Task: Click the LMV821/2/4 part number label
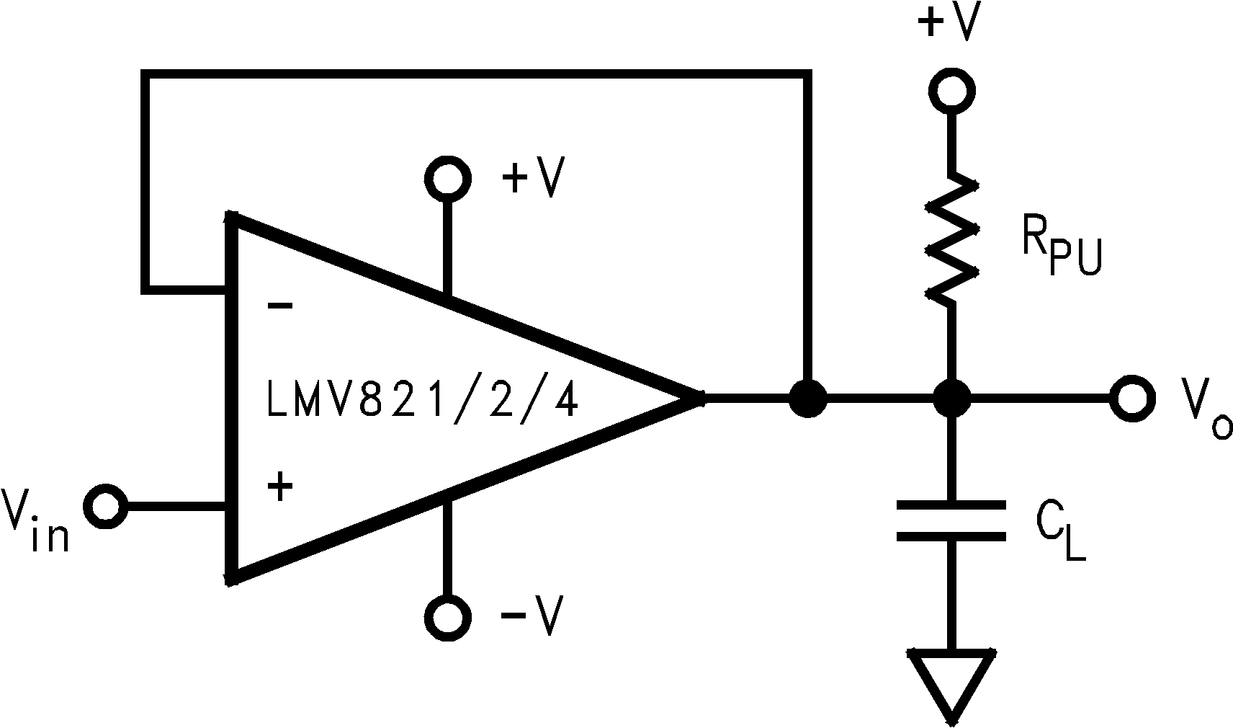[x=422, y=403]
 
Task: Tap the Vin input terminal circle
[x=107, y=507]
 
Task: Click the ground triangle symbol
[x=952, y=682]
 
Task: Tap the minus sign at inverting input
[x=279, y=306]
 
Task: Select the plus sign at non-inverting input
[x=280, y=488]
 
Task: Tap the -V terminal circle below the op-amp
[x=448, y=617]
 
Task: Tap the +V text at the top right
[x=949, y=23]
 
